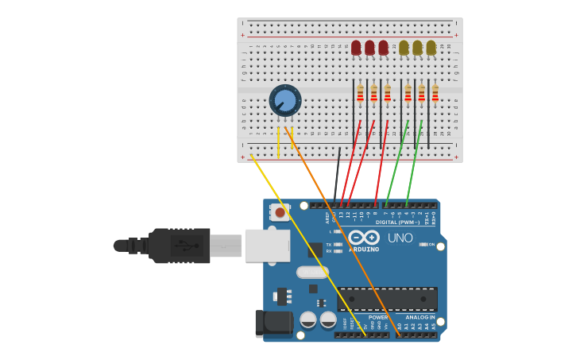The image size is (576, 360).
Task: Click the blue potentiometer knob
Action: click(x=285, y=101)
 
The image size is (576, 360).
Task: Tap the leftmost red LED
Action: click(x=356, y=48)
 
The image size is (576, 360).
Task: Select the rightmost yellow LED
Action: click(x=431, y=48)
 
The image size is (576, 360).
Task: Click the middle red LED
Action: click(x=369, y=48)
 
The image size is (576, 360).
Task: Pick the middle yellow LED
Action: click(x=417, y=48)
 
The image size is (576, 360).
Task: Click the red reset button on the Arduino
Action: click(x=280, y=212)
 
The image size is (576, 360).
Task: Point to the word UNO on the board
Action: click(x=400, y=238)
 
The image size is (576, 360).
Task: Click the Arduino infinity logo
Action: click(x=364, y=237)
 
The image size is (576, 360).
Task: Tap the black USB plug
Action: click(x=180, y=246)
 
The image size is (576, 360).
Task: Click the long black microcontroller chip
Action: click(x=387, y=299)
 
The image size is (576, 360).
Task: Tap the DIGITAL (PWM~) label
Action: click(x=397, y=223)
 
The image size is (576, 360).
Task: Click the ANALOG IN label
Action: click(x=420, y=317)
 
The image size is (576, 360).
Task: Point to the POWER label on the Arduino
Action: click(x=378, y=317)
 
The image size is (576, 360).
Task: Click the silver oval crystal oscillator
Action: click(x=312, y=272)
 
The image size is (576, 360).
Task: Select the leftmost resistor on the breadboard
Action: click(x=360, y=94)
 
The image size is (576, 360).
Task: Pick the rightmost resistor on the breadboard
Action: click(x=435, y=94)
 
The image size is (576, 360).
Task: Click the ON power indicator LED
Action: click(x=423, y=244)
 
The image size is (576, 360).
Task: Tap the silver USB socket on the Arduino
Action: click(x=267, y=246)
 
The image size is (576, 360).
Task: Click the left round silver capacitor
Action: click(x=308, y=320)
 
